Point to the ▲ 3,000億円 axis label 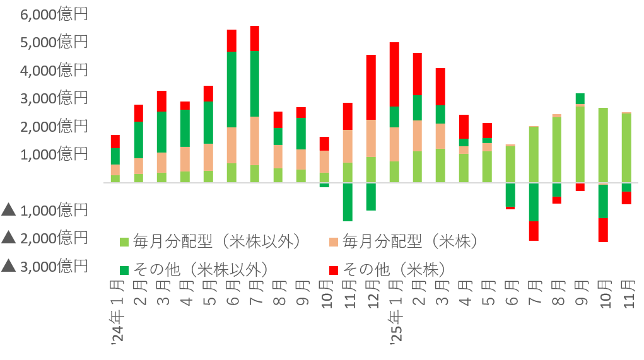(x=45, y=266)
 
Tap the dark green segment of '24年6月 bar (x=231, y=89)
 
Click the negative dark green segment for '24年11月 (x=348, y=202)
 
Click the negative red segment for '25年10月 (x=603, y=229)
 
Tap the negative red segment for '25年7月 (x=534, y=231)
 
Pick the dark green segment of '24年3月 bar (x=162, y=132)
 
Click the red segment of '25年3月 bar (x=440, y=86)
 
